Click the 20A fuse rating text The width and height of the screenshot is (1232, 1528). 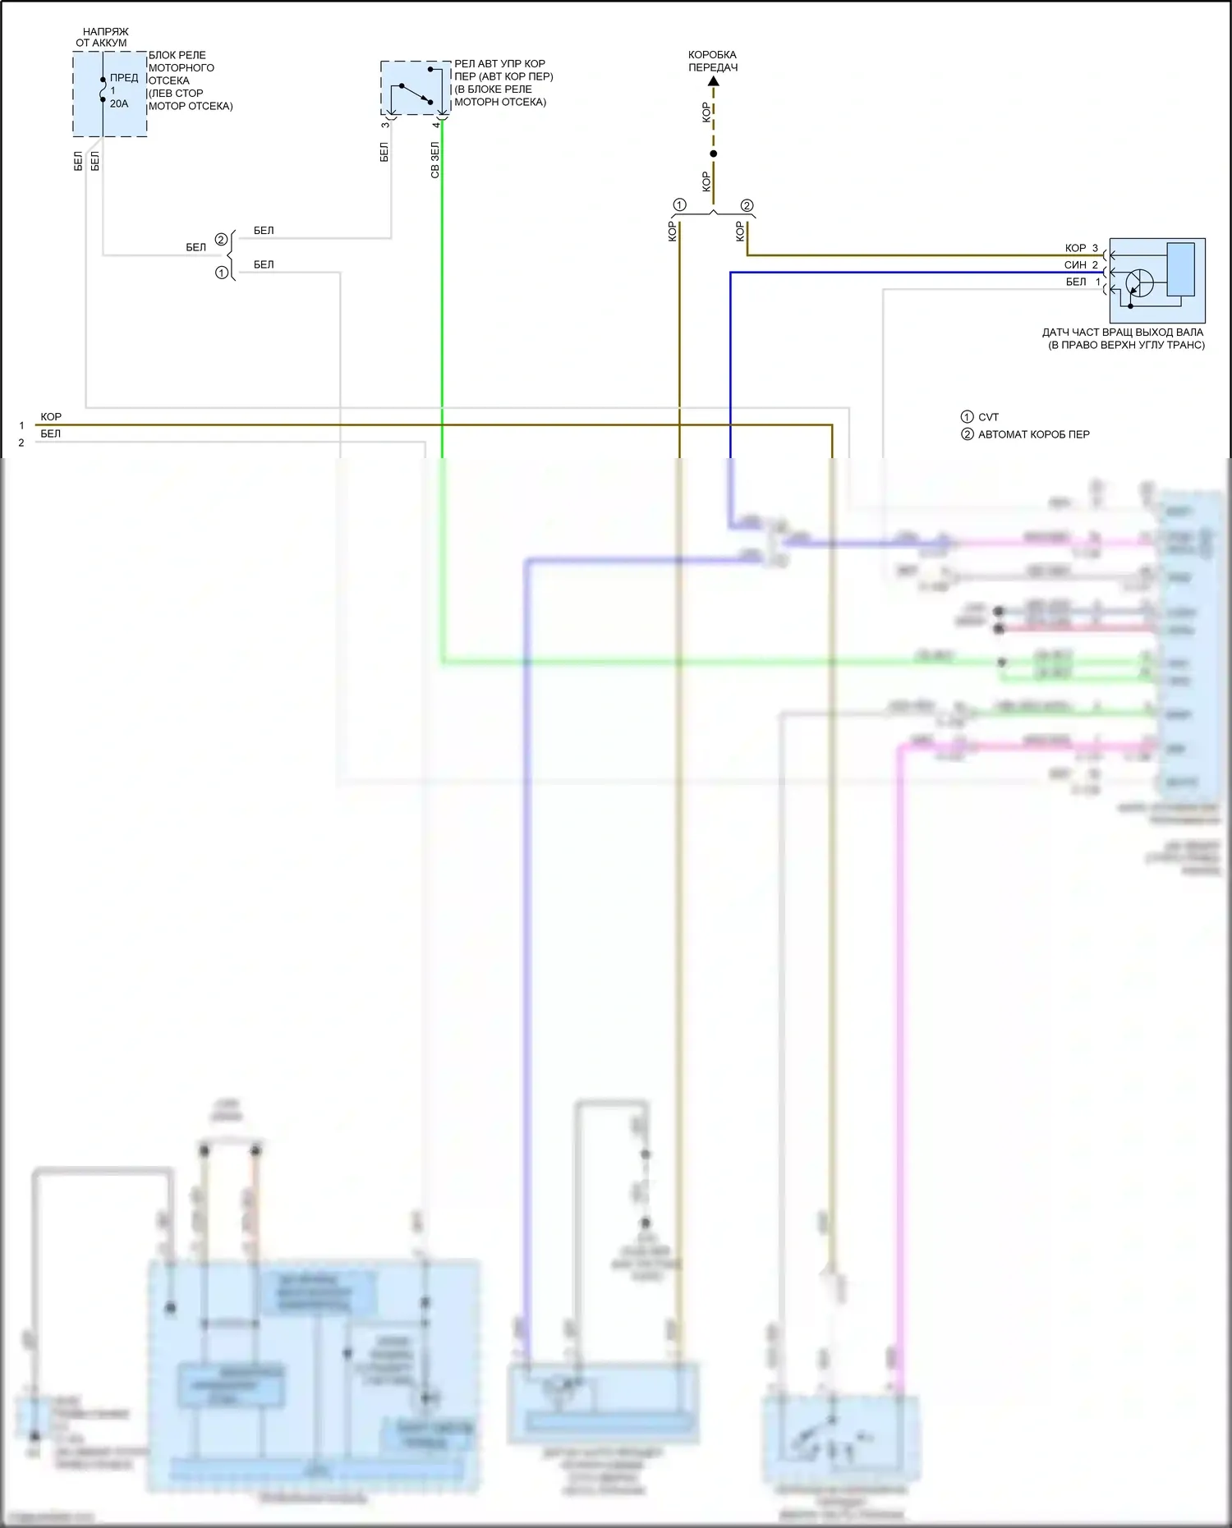tap(119, 104)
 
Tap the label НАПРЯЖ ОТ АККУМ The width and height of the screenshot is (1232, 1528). tap(103, 37)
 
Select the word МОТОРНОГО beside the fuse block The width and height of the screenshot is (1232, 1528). tap(182, 68)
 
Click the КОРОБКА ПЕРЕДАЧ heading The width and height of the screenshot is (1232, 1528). tap(712, 61)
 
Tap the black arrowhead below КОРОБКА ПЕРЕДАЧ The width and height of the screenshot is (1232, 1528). tap(713, 81)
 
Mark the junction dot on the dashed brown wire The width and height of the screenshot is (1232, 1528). tap(713, 154)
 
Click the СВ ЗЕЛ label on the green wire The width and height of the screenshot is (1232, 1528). tap(435, 160)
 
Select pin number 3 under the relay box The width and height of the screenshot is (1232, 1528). tap(385, 125)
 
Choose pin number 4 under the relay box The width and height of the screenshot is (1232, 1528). tap(436, 125)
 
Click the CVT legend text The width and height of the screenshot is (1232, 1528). tap(988, 417)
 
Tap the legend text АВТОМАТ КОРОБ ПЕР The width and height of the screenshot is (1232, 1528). tap(1033, 434)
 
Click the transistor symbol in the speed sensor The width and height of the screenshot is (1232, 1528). tap(1138, 284)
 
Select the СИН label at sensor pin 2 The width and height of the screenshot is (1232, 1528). tap(1075, 265)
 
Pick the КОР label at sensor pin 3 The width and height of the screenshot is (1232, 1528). tap(1075, 248)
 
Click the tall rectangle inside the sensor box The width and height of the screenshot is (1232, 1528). tap(1180, 268)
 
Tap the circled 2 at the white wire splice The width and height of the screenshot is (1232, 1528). tap(221, 240)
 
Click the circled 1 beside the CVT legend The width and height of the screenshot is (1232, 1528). tap(967, 417)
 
